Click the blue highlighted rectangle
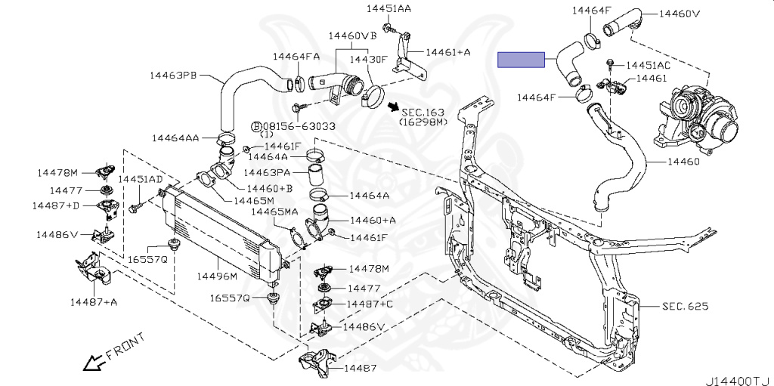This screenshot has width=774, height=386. click(521, 60)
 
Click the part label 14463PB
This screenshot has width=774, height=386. click(175, 75)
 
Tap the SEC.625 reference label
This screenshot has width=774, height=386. click(685, 306)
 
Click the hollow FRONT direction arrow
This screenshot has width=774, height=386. click(93, 363)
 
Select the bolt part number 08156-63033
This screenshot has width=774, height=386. click(299, 125)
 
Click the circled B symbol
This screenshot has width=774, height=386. click(256, 125)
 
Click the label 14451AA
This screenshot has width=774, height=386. click(389, 9)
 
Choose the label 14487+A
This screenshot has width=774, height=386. click(94, 302)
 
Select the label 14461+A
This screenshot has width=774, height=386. click(448, 52)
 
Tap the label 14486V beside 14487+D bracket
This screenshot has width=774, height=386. click(57, 235)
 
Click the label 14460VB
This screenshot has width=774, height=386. click(352, 36)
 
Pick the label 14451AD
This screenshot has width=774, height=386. click(139, 179)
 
